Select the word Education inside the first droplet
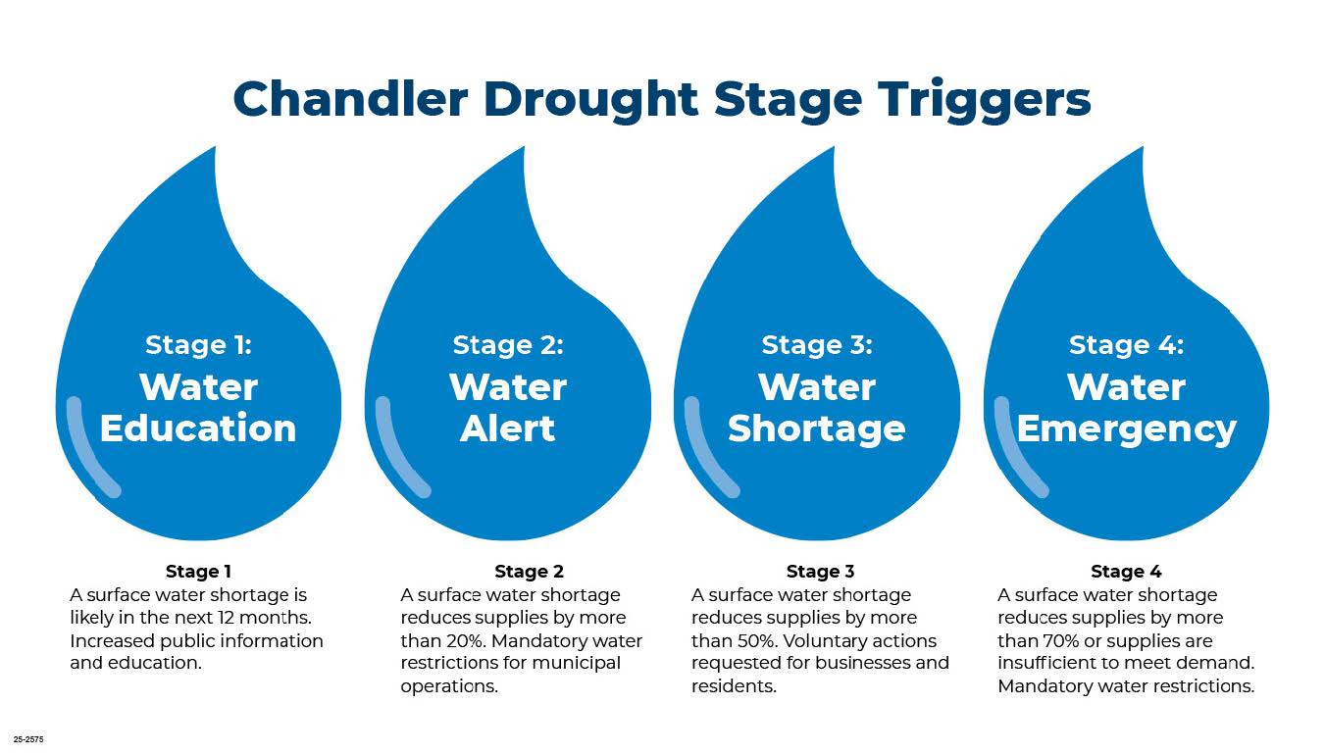point(198,428)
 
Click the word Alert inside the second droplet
point(508,428)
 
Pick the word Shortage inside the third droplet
point(817,428)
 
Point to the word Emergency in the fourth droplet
point(1126,428)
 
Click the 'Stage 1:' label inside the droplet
point(198,345)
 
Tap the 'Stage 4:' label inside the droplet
point(1126,345)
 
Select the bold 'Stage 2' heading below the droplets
point(529,572)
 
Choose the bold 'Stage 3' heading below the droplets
point(820,572)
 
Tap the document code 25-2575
point(28,739)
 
